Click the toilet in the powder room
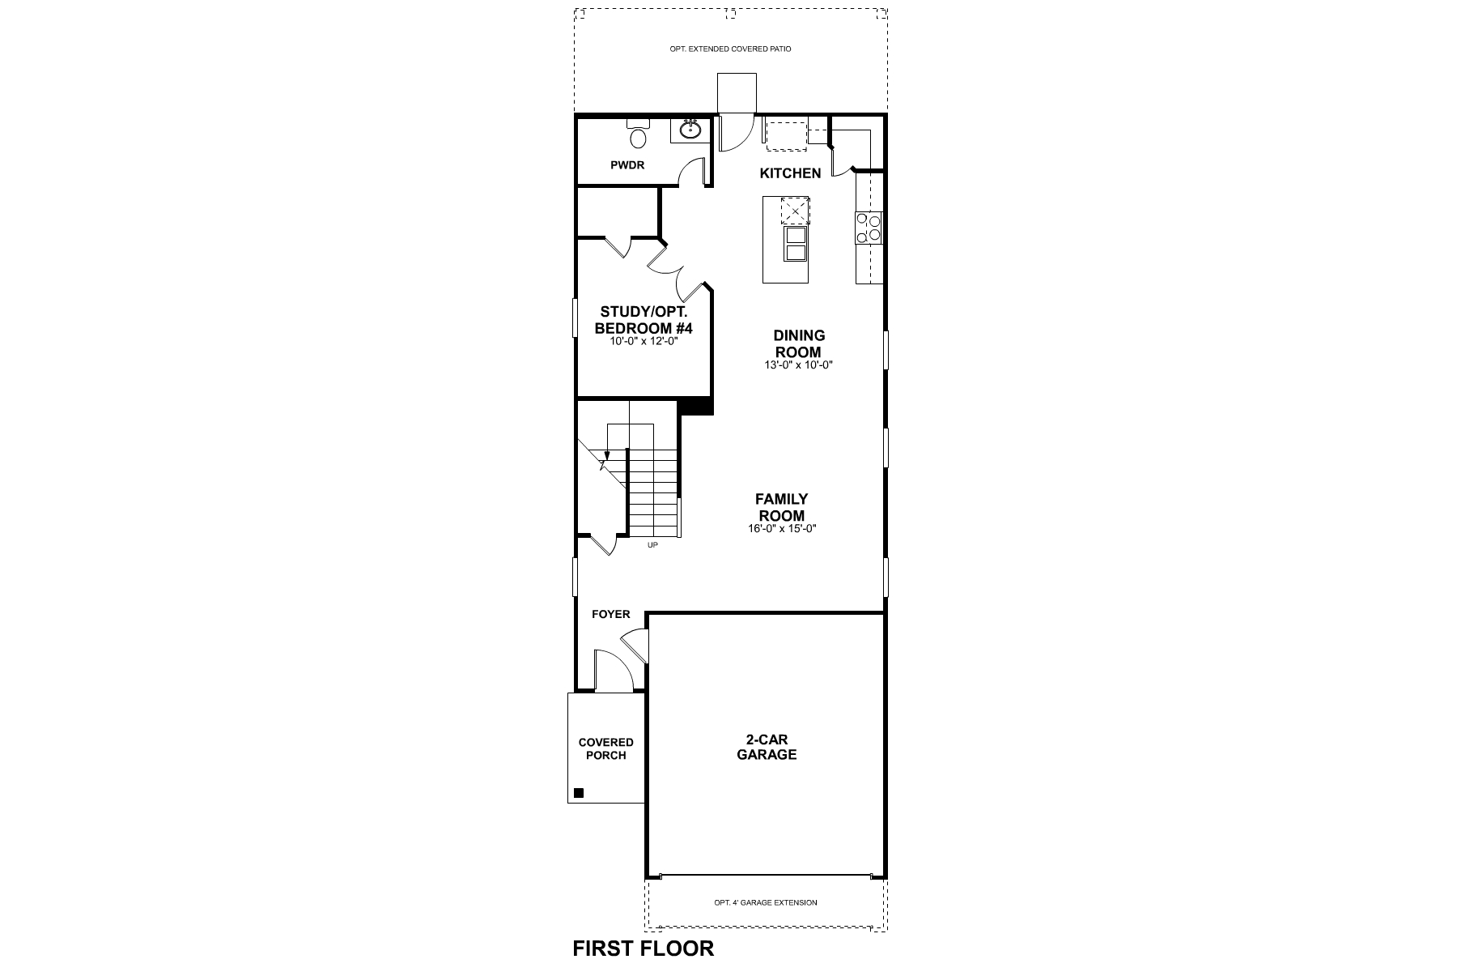coord(639,135)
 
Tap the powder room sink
coord(690,130)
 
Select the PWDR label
coord(627,165)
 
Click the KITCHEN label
coord(790,173)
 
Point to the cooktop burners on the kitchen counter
coord(869,227)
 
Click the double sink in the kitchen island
coord(795,244)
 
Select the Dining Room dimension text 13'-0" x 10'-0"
coord(798,365)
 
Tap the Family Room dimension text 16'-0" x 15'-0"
coord(781,529)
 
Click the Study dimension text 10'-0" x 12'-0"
coord(644,341)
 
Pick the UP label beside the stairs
coord(652,545)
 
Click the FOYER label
coord(610,614)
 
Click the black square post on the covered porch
coord(578,793)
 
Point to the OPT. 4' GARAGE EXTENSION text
coord(765,902)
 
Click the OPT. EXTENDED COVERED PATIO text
coord(730,49)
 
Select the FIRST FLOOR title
coord(643,949)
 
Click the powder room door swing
coord(692,172)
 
